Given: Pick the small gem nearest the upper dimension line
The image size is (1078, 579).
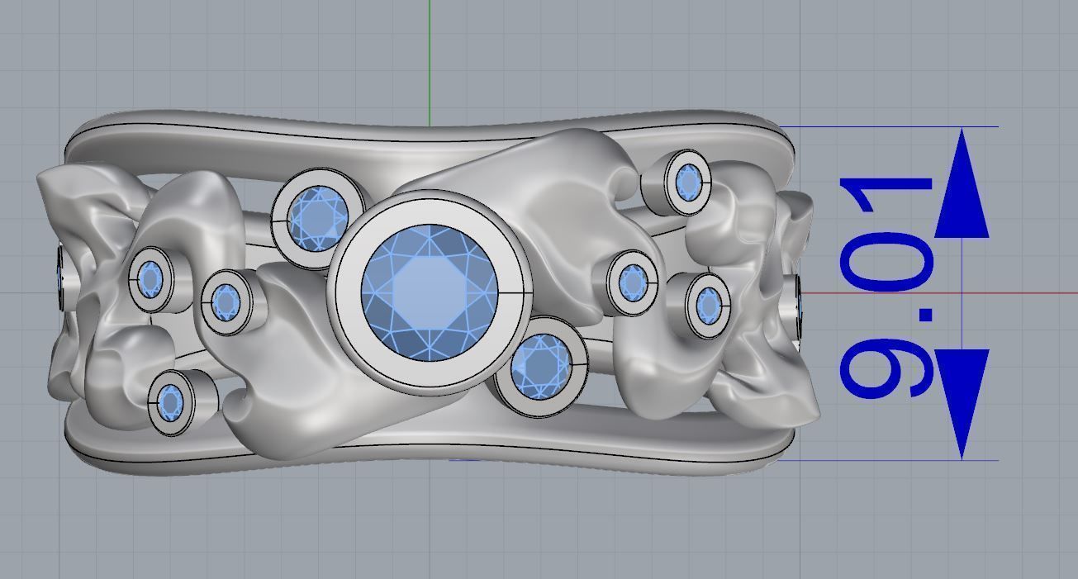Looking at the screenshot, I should point(687,182).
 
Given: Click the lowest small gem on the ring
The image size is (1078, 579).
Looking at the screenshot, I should point(171,402).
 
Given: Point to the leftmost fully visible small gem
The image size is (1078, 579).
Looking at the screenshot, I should point(150,279).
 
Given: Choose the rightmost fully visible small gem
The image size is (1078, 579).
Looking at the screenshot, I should point(708,305).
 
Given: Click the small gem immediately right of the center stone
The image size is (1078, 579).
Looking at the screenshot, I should point(633,282).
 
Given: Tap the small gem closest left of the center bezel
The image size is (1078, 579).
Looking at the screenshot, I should point(225,300).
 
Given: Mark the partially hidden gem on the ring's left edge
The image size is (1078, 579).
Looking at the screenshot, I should point(62,278).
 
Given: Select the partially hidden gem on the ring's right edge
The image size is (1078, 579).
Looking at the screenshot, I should point(799,306).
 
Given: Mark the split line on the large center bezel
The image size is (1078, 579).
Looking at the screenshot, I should point(512,292).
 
